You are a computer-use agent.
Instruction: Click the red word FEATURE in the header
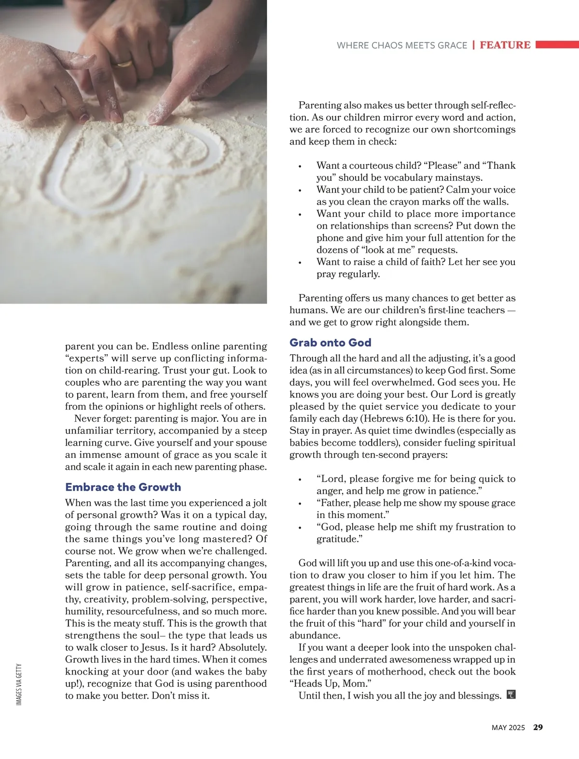click(x=505, y=45)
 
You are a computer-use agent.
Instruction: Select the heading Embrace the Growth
click(x=123, y=487)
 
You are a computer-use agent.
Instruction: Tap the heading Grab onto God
click(x=330, y=343)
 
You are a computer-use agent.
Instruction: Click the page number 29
click(x=538, y=727)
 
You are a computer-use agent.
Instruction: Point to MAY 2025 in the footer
click(x=508, y=728)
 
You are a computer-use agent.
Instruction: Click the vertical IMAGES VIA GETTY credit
click(x=19, y=684)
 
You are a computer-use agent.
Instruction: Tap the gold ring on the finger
click(x=124, y=64)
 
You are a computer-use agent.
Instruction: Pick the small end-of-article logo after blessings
click(x=511, y=695)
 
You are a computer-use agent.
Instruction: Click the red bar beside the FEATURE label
click(x=557, y=45)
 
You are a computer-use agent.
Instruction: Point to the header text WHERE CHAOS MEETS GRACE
click(x=402, y=45)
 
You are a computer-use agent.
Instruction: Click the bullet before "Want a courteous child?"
click(x=300, y=166)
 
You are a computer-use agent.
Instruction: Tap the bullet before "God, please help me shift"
click(x=300, y=528)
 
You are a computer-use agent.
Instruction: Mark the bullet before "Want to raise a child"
click(x=300, y=263)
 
